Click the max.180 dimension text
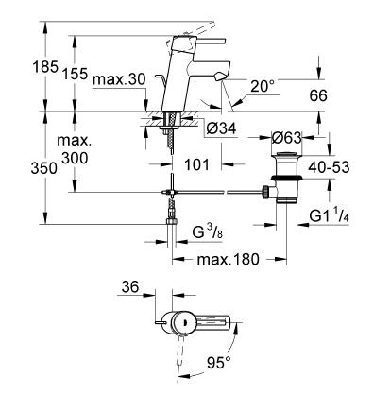pyautogui.click(x=227, y=258)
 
